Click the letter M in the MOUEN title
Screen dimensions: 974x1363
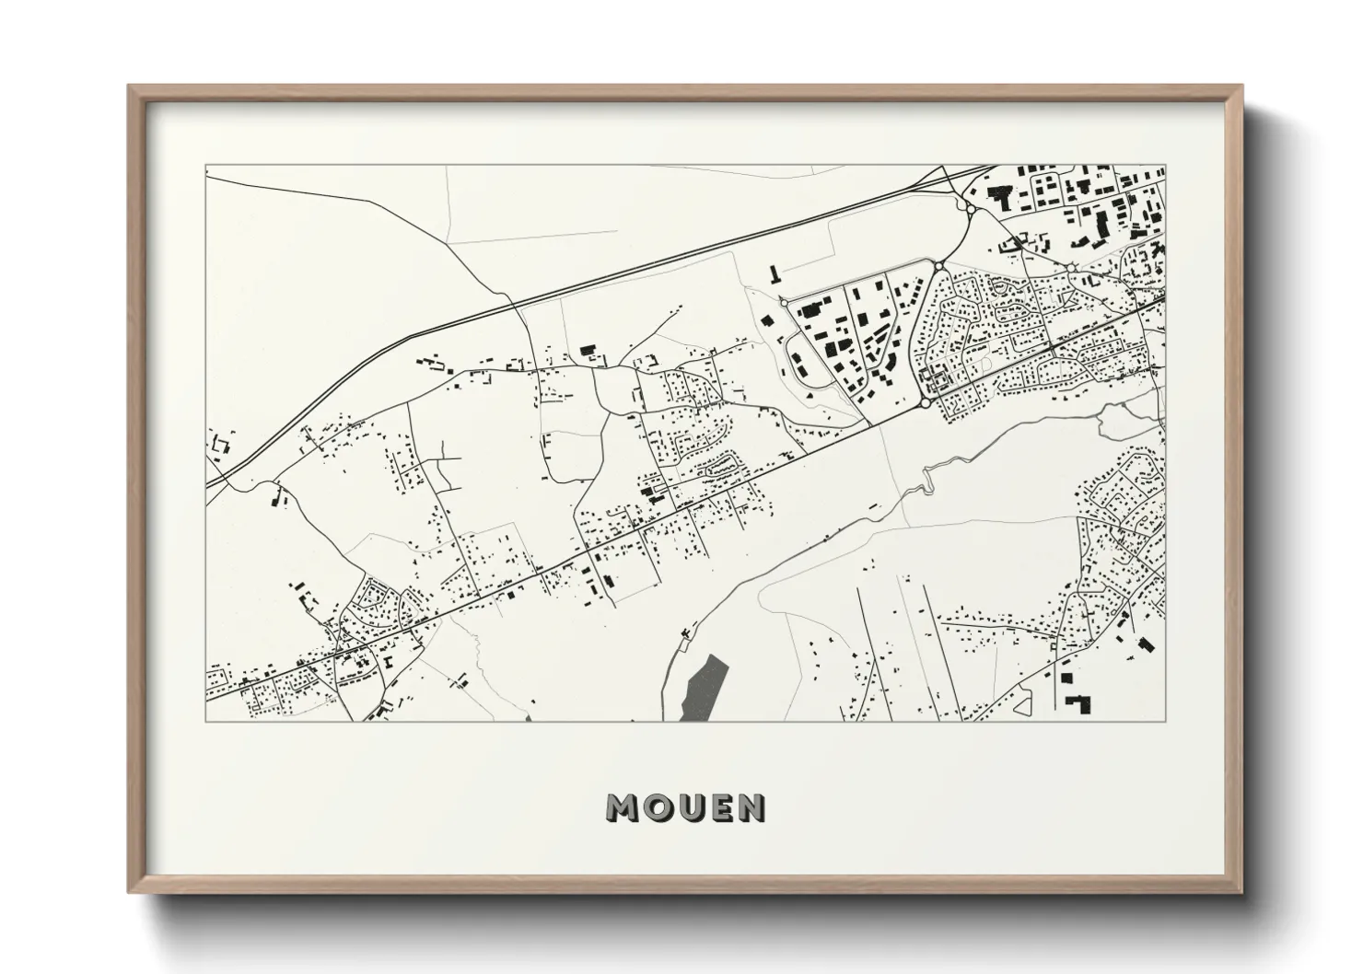pos(622,807)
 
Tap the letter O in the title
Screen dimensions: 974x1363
pos(655,807)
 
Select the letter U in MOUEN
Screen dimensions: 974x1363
pos(686,807)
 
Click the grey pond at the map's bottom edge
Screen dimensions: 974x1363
pos(702,689)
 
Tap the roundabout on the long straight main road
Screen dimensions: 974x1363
pos(925,403)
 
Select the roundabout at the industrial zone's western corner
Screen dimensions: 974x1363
pos(783,301)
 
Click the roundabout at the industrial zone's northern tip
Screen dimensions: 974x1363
pos(938,266)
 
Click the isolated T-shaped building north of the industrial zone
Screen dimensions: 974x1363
pos(775,274)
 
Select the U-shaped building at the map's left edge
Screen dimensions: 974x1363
pos(219,446)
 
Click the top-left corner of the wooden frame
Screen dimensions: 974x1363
pos(130,86)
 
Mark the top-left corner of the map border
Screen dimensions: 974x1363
pos(206,166)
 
